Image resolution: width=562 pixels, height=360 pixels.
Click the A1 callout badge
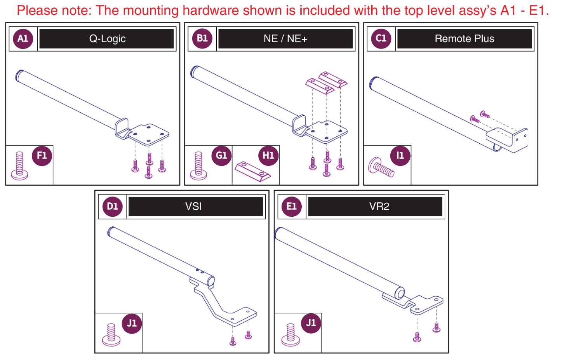click(x=23, y=38)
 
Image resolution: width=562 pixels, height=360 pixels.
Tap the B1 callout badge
click(x=202, y=38)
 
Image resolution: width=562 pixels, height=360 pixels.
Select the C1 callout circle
click(x=381, y=38)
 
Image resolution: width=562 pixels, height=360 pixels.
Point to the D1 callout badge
click(x=112, y=206)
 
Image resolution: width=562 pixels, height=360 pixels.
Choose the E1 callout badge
click(x=291, y=206)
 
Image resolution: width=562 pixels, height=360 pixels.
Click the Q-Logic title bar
click(x=107, y=39)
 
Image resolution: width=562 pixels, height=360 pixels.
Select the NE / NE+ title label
click(x=285, y=39)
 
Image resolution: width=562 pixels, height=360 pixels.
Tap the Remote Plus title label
click(x=465, y=39)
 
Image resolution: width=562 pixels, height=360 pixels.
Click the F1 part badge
click(x=42, y=156)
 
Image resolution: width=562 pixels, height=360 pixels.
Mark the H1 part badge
click(x=268, y=156)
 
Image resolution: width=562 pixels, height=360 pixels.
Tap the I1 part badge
click(x=400, y=156)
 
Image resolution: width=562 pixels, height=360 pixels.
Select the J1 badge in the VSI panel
click(x=132, y=323)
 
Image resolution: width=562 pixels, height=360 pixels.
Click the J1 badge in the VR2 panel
click(x=311, y=323)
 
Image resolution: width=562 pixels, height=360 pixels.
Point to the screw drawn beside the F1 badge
click(x=19, y=166)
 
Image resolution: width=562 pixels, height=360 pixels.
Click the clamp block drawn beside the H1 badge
click(x=253, y=171)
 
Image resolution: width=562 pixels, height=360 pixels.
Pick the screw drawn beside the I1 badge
click(x=381, y=167)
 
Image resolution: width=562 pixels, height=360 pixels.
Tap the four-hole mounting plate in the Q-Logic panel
click(x=148, y=134)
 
